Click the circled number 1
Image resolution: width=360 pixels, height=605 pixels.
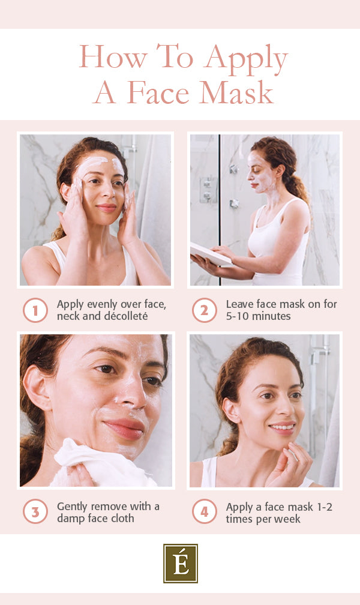(35, 310)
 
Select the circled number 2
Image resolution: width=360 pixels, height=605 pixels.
(204, 310)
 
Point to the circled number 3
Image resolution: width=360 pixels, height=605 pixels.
(35, 512)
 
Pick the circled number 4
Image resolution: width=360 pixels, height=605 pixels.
(204, 512)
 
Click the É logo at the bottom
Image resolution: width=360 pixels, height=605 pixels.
(180, 564)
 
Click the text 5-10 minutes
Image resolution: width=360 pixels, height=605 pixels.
(258, 316)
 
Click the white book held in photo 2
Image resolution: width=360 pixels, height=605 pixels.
(210, 256)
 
